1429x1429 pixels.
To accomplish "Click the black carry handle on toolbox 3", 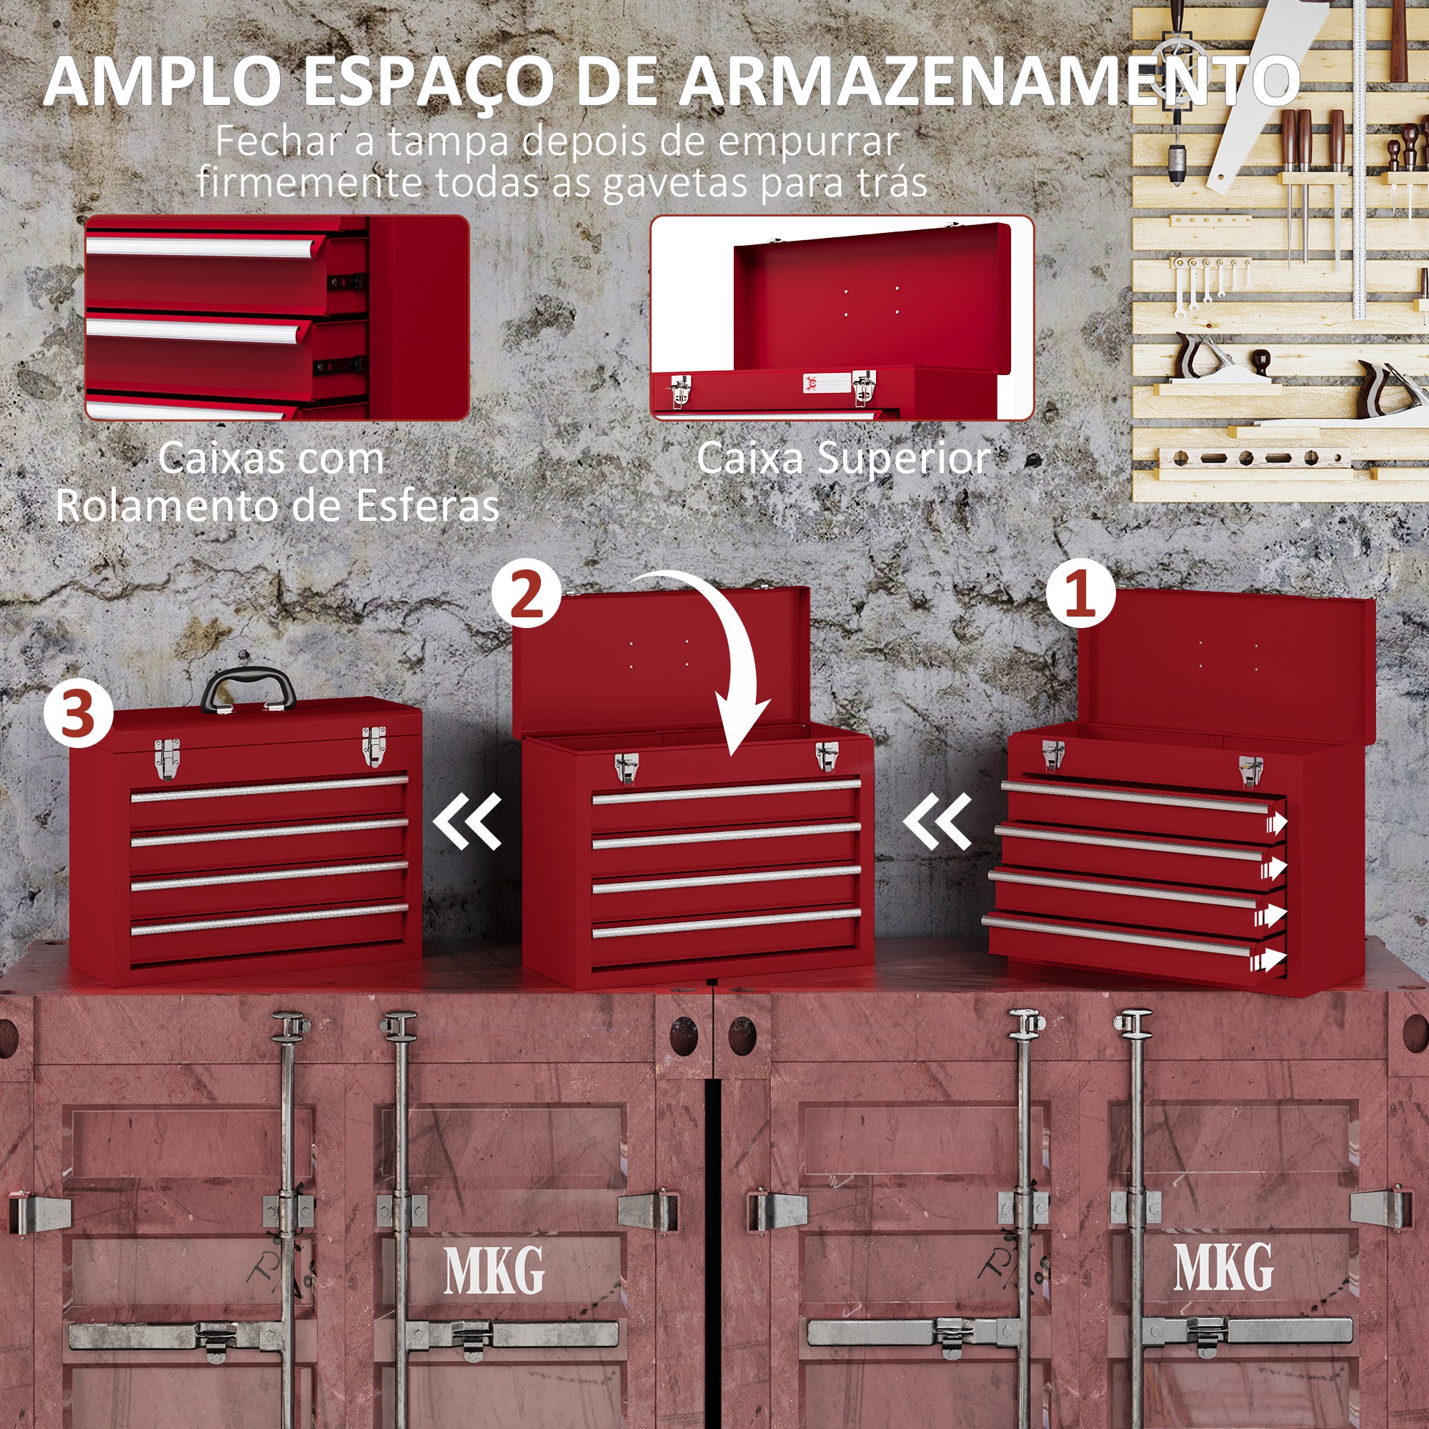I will (249, 687).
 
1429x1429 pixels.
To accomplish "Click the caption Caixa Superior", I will (843, 459).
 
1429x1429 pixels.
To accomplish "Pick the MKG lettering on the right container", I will (1223, 1266).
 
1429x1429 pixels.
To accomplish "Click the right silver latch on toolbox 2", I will (826, 756).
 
